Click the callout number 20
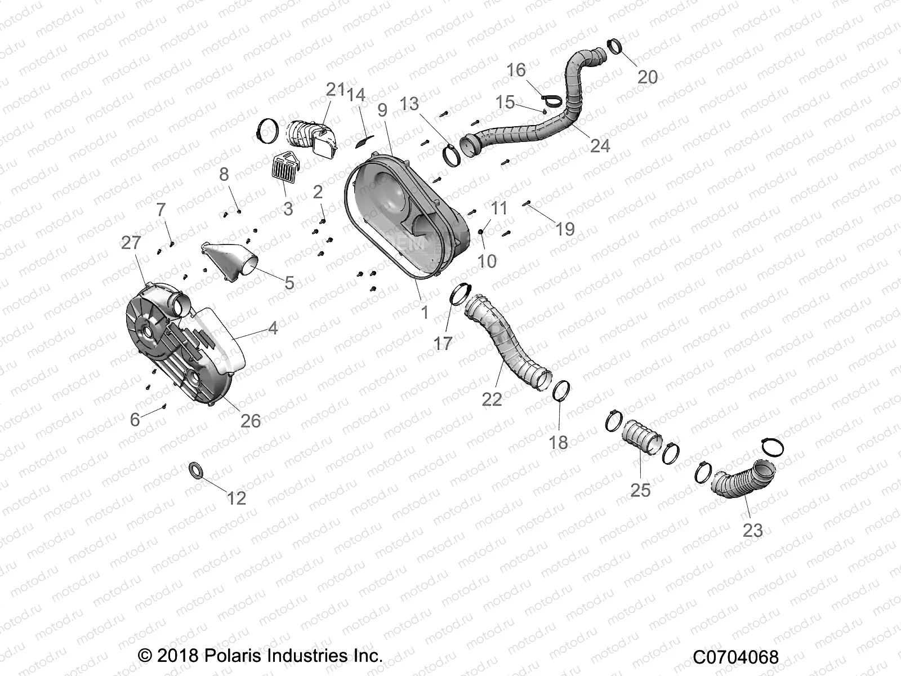pos(647,77)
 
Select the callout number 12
pos(237,498)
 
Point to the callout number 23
pos(752,530)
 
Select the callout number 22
pos(492,399)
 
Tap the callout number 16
pos(516,70)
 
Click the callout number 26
pos(251,420)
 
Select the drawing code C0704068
pos(735,657)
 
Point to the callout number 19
pos(565,229)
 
